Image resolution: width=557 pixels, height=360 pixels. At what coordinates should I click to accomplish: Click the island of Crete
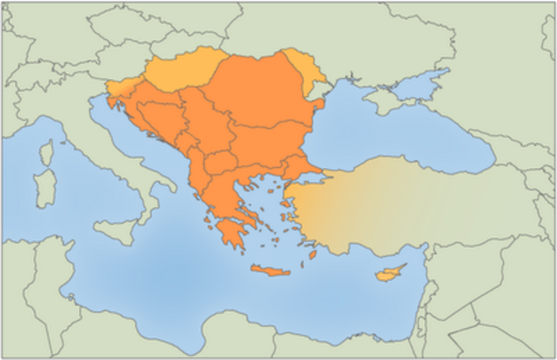tap(269, 271)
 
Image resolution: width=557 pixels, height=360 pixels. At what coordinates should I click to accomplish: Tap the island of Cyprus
tap(388, 275)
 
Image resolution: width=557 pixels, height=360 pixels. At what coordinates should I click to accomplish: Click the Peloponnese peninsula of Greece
tap(230, 233)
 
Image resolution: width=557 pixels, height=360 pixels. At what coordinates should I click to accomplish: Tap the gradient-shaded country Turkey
tap(400, 200)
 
